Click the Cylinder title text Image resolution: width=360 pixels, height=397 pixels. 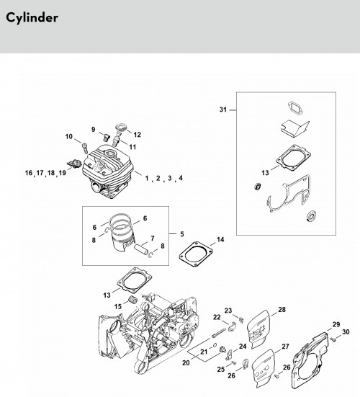(32, 18)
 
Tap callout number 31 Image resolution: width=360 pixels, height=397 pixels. (223, 110)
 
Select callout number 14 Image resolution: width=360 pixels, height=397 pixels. (220, 239)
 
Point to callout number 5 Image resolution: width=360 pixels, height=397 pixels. (182, 234)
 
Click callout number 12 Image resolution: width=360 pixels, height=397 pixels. (137, 135)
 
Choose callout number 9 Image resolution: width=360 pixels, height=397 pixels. (94, 130)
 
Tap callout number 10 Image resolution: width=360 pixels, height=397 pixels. (69, 136)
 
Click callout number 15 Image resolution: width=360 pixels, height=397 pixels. (118, 306)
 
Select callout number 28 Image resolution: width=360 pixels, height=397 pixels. (282, 309)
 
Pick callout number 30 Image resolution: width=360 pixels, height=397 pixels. (346, 331)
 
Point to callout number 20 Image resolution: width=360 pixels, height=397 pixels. (186, 363)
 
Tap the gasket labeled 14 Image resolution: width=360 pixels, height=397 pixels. (196, 254)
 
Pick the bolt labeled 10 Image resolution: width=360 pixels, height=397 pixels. (85, 148)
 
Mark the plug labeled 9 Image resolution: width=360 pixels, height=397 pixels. (107, 137)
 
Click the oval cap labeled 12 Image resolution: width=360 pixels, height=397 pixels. (121, 127)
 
